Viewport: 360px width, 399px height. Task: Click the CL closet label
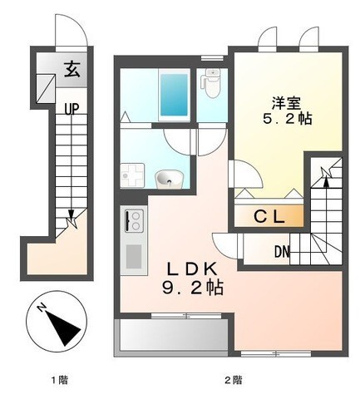(x=269, y=217)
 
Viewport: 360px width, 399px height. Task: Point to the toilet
(x=211, y=82)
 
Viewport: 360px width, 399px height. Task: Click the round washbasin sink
(x=169, y=177)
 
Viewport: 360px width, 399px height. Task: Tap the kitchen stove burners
(x=133, y=220)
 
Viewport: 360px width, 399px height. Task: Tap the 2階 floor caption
(x=233, y=381)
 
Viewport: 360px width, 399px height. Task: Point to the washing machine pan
(x=133, y=175)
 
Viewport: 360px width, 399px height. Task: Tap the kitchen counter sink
(x=132, y=253)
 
